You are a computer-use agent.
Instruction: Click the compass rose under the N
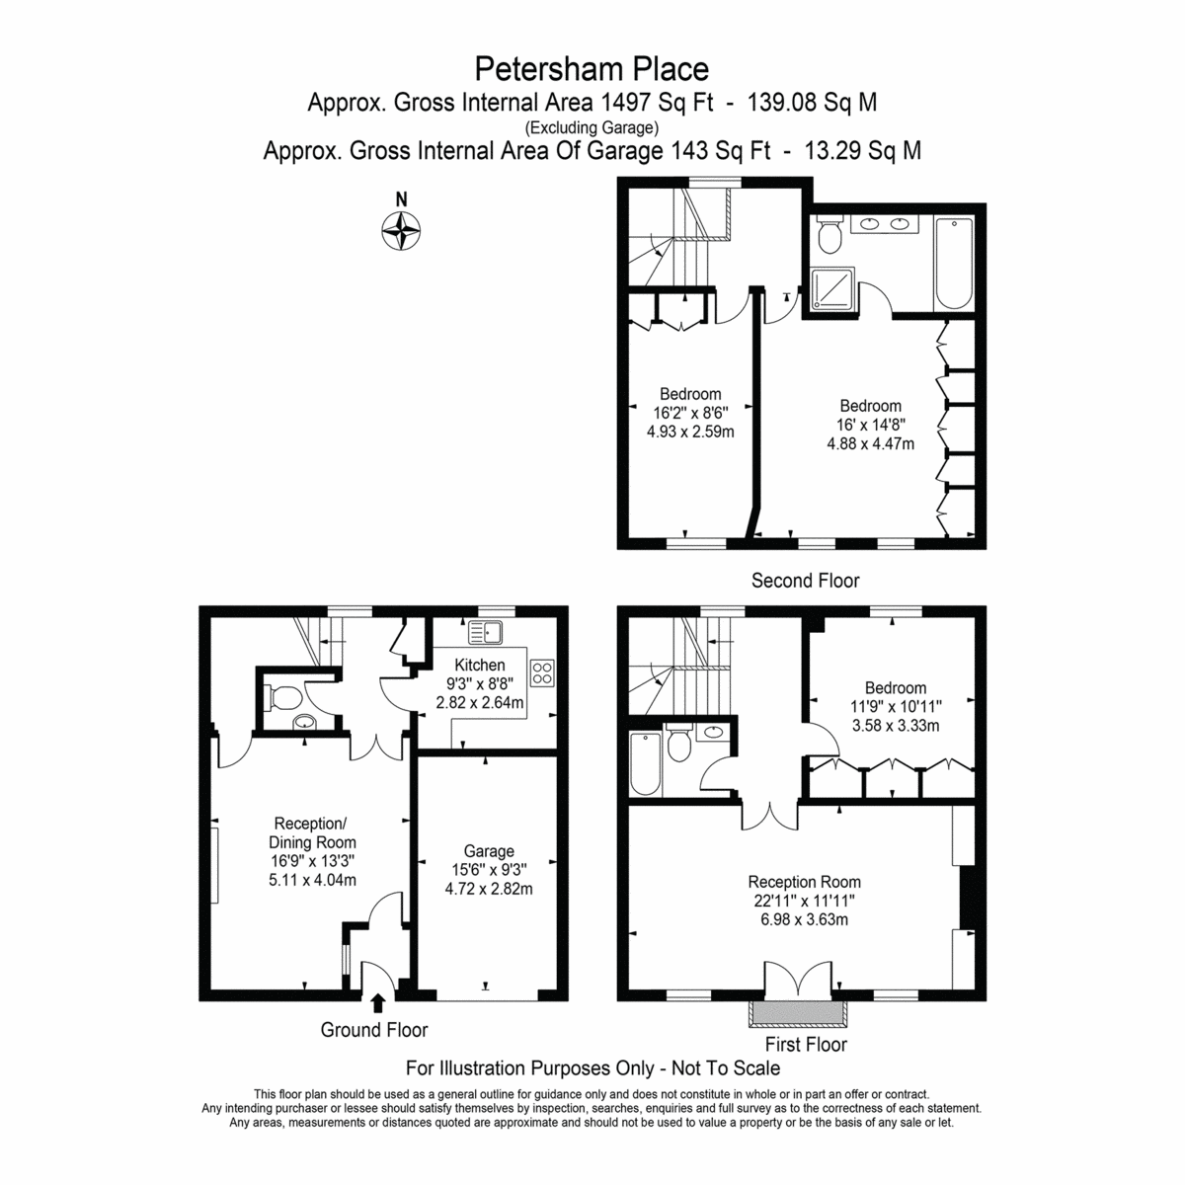[401, 231]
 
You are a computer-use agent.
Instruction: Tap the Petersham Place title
[592, 69]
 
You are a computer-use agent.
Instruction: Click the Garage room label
[489, 851]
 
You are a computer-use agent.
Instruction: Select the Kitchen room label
[480, 665]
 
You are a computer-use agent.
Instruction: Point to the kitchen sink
[486, 632]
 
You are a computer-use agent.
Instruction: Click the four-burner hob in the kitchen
[542, 672]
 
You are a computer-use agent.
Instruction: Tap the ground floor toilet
[284, 697]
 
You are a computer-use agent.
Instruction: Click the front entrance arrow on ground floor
[378, 1003]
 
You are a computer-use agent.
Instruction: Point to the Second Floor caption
[805, 581]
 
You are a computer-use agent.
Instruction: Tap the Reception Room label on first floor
[804, 882]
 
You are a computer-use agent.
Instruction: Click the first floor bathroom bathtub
[646, 763]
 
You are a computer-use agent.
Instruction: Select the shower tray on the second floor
[832, 289]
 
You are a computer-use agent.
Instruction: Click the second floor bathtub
[953, 264]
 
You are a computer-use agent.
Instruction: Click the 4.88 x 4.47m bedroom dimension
[870, 443]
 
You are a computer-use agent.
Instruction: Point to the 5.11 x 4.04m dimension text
[312, 880]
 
